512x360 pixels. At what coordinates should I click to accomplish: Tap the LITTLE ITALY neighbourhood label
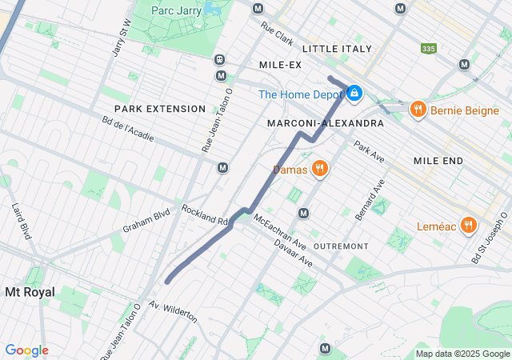point(337,49)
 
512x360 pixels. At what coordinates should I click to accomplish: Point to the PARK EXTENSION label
point(149,108)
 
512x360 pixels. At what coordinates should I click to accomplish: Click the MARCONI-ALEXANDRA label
point(325,123)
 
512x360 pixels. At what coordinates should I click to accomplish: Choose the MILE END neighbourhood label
point(438,161)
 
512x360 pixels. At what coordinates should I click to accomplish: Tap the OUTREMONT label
point(341,246)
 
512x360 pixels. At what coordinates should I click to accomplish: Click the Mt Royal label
point(30,292)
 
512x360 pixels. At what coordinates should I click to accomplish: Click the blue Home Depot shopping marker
point(354,94)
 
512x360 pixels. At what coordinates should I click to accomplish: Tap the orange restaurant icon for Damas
point(319,168)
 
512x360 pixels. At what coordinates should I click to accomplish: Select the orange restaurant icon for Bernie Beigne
point(416,110)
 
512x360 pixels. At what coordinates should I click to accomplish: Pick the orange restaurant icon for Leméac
point(469,225)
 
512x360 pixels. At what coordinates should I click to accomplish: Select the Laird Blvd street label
point(20,220)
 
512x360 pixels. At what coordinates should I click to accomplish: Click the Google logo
point(26,350)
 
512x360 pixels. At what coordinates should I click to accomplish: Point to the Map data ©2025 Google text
point(462,354)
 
